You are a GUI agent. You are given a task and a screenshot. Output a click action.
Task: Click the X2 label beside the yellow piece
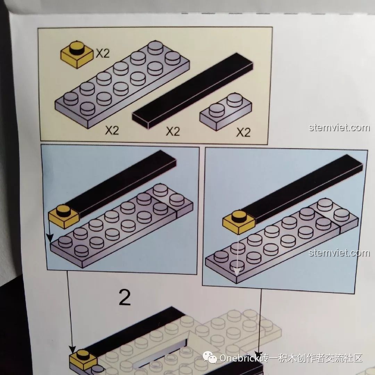(103, 53)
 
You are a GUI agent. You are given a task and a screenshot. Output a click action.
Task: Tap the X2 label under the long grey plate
(112, 130)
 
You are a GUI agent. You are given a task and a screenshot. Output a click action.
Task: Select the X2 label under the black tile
(173, 131)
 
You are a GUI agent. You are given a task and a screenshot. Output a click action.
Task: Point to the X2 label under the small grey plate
(243, 132)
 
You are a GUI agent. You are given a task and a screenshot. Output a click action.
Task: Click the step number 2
(125, 298)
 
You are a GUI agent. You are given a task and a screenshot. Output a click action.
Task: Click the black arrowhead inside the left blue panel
(50, 238)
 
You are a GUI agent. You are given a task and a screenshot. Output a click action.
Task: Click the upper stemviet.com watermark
(339, 128)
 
